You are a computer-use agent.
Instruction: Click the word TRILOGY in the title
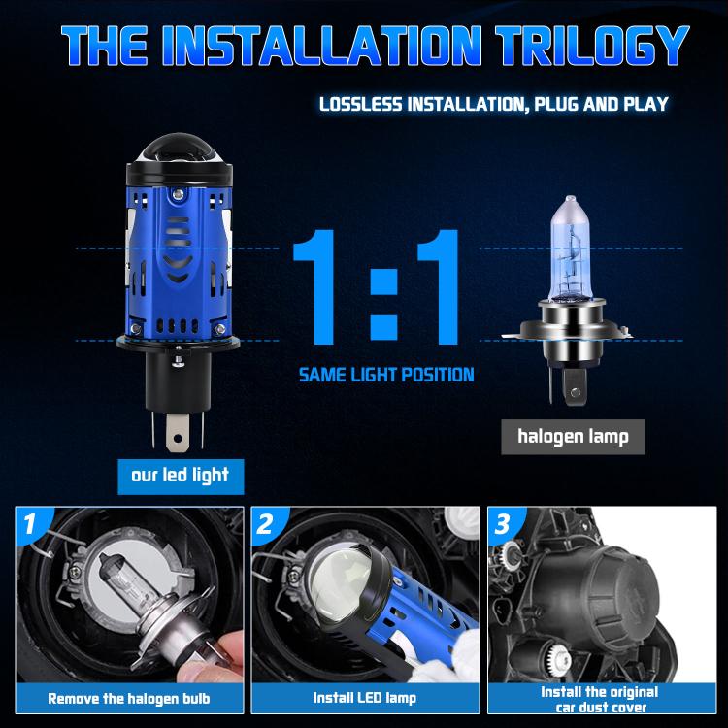592,45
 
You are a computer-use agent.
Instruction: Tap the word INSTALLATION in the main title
321,45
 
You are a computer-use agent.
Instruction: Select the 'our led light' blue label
181,477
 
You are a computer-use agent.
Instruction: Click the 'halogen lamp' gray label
573,437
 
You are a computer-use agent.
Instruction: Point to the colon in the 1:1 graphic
383,304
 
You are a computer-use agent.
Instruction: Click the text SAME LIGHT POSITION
386,375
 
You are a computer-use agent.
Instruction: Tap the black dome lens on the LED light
179,149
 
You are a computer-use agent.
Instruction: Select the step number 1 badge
31,524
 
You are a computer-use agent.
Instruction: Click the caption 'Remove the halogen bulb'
129,699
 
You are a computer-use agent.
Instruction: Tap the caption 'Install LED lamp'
364,698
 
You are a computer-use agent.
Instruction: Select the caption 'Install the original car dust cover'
600,700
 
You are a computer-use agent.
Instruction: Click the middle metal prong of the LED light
178,433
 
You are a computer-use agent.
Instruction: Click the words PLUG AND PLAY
602,104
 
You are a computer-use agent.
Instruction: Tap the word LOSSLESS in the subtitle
361,104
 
